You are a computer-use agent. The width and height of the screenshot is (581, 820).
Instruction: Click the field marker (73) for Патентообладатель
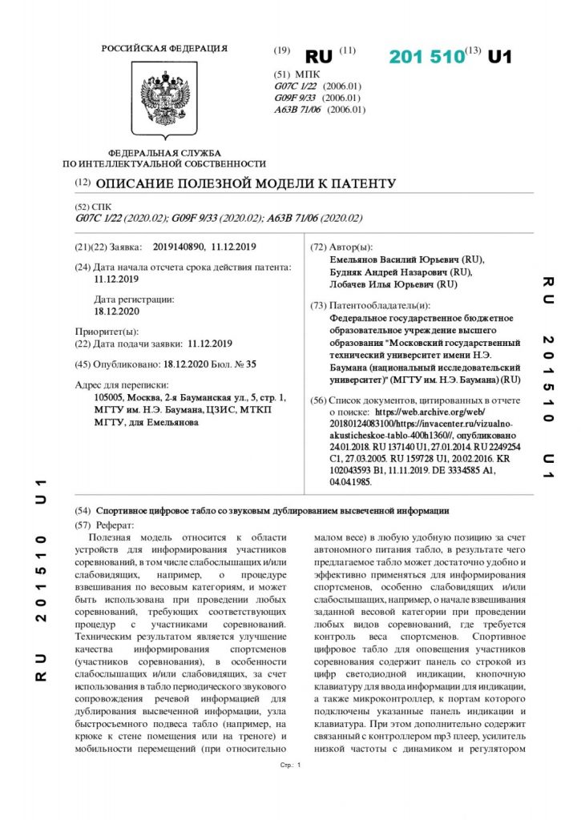[x=318, y=305]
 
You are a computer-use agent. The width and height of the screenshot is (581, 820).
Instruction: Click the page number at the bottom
[x=298, y=766]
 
